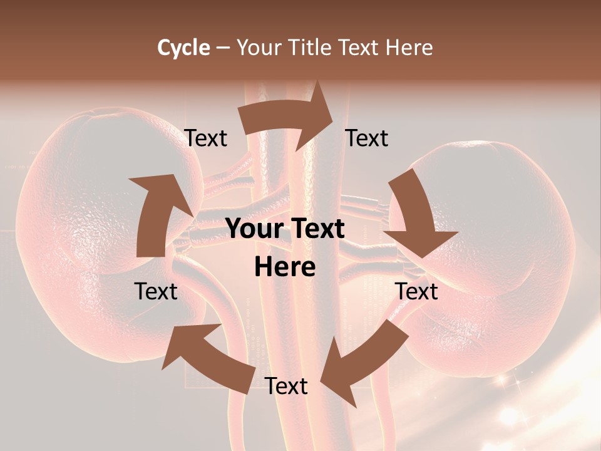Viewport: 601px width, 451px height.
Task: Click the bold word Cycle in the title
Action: click(183, 48)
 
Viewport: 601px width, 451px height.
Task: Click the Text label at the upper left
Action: click(205, 138)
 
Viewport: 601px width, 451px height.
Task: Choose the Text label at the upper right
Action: click(367, 138)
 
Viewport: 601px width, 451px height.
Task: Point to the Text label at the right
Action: click(416, 291)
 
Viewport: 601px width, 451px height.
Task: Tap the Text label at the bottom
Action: click(286, 386)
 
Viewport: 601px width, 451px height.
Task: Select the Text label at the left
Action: click(156, 291)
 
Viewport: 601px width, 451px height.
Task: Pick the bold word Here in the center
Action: click(285, 267)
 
